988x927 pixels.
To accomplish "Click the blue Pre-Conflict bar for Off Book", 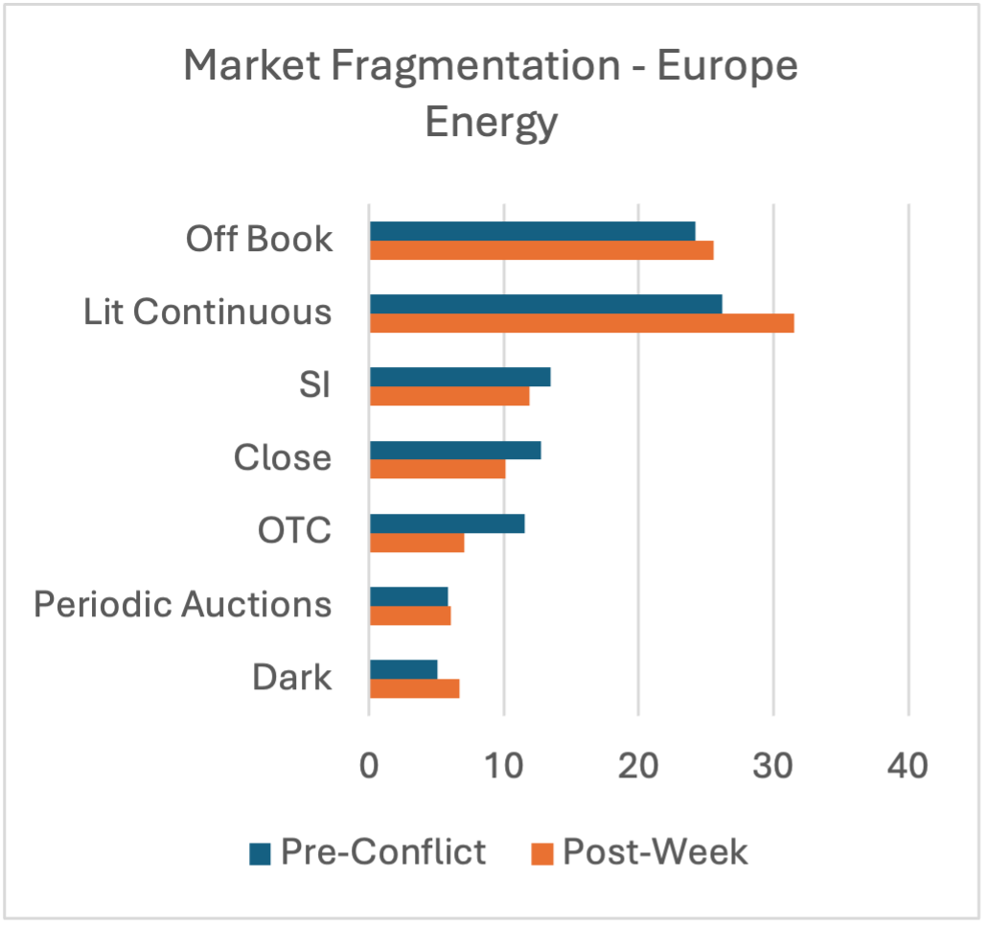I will pyautogui.click(x=532, y=231).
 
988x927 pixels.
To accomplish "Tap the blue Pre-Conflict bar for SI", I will pyautogui.click(x=460, y=377).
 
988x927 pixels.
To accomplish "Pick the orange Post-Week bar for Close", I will pyautogui.click(x=437, y=469).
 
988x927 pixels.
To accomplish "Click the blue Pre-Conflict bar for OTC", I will pyautogui.click(x=447, y=523).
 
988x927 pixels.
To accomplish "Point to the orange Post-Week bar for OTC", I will pyautogui.click(x=417, y=543).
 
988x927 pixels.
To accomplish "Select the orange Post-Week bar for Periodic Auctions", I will pyautogui.click(x=410, y=615).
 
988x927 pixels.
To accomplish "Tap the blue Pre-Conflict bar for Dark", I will pyautogui.click(x=403, y=669).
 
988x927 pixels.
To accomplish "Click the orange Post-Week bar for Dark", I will pyautogui.click(x=414, y=688).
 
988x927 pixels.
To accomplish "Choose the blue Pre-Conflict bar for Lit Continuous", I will pyautogui.click(x=545, y=304).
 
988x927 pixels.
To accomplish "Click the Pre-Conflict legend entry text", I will pyautogui.click(x=383, y=851).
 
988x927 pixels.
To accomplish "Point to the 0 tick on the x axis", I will pyautogui.click(x=369, y=767).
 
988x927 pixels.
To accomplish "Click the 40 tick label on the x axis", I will pyautogui.click(x=908, y=767).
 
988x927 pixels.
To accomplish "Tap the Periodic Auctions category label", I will pyautogui.click(x=182, y=605).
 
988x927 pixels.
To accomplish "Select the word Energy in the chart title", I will pyautogui.click(x=491, y=123).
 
